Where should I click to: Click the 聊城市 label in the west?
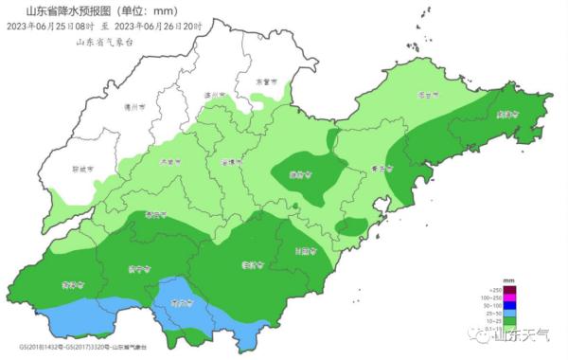click(84, 169)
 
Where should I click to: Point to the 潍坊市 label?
click(300, 173)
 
